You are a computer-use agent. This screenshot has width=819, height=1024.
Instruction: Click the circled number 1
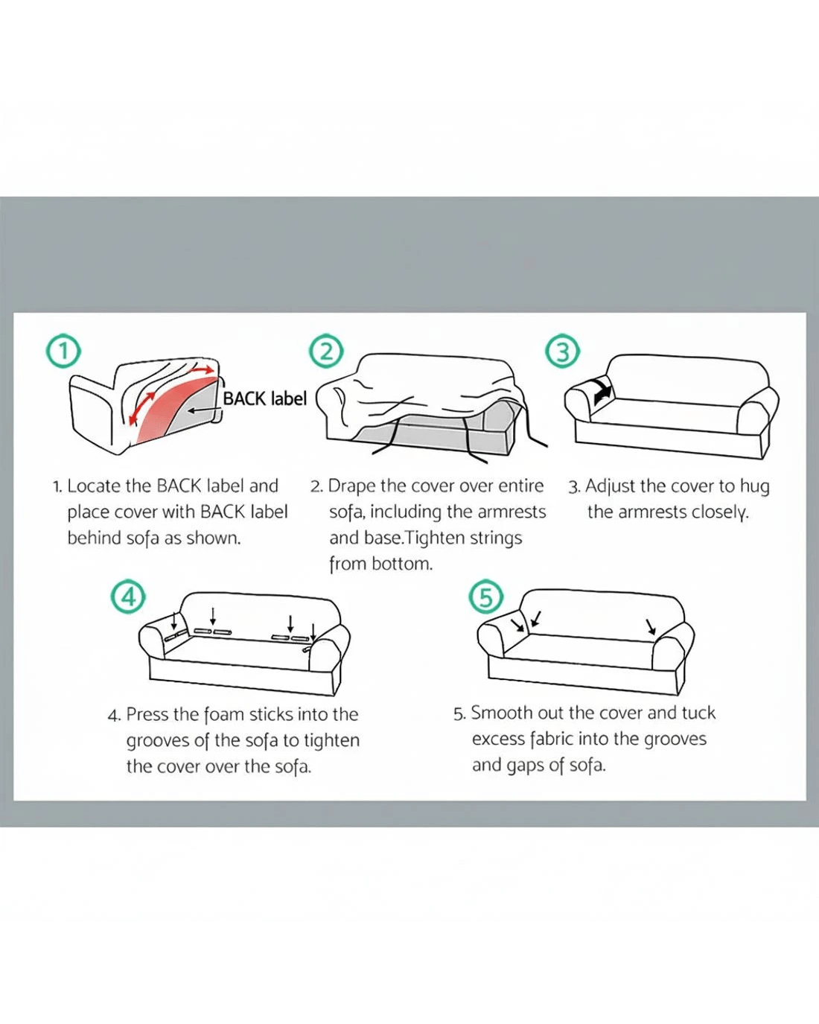63,352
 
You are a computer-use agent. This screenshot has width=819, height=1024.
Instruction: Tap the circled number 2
326,352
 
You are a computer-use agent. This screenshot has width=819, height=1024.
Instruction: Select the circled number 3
562,352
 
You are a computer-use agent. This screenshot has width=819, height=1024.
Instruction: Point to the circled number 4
128,597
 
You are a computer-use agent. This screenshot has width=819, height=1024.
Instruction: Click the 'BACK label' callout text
265,398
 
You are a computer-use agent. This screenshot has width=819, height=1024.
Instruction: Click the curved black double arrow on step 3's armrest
602,392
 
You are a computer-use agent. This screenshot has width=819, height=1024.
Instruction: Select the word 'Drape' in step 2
351,487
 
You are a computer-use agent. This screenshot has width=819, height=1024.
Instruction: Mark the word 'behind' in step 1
95,538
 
